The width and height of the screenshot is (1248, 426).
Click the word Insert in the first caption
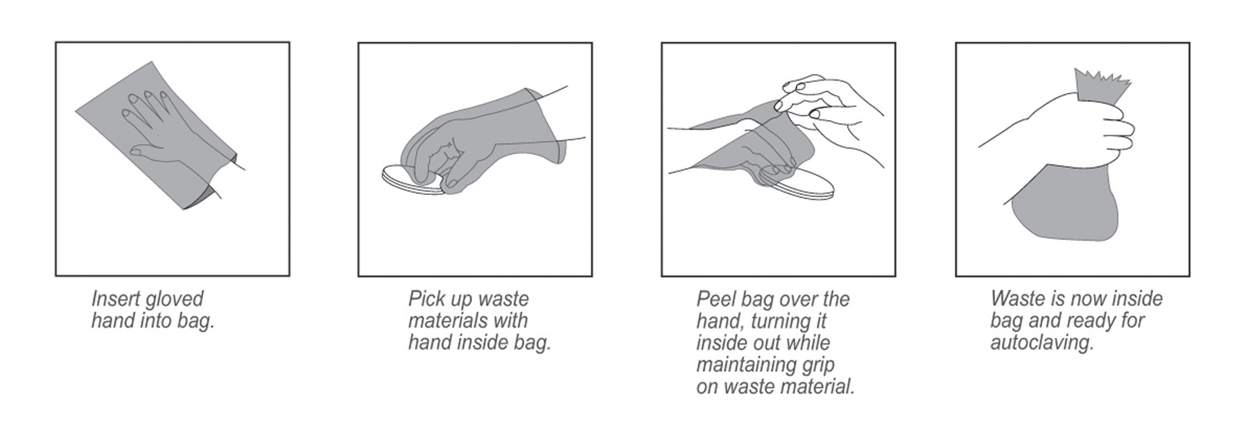[x=114, y=299]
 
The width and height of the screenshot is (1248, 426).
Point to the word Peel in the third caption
[x=713, y=299]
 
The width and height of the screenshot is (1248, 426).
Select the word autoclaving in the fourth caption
[x=1042, y=343]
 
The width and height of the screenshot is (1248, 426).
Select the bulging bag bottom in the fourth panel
[x=1064, y=205]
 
